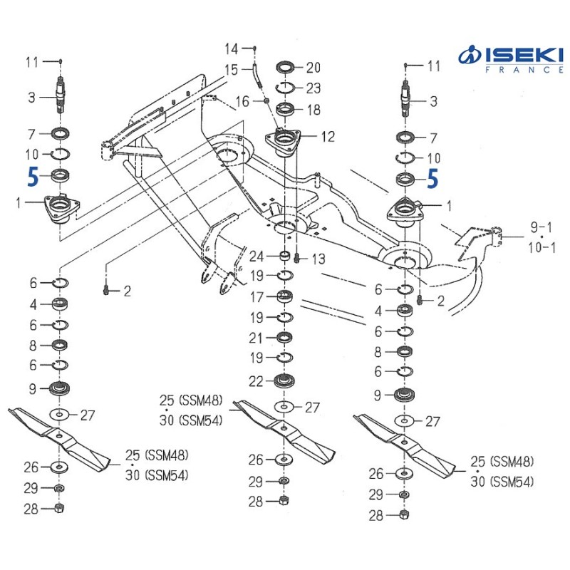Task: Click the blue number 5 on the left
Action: tap(32, 176)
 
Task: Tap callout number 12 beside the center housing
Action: tap(328, 136)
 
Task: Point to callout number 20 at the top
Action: tap(313, 68)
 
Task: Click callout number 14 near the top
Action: tap(232, 48)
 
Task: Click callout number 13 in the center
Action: tap(318, 258)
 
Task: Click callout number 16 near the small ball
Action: tap(242, 102)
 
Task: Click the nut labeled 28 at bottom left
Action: tap(60, 508)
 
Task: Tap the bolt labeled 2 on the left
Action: tap(105, 291)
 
